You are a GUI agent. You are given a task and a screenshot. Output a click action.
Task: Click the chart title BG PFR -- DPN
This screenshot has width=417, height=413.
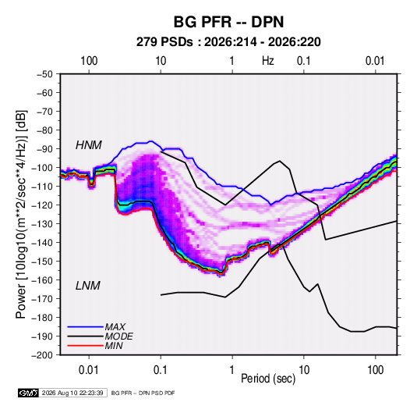click(x=228, y=22)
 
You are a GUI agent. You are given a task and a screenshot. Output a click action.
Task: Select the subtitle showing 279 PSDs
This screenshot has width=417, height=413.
click(x=228, y=42)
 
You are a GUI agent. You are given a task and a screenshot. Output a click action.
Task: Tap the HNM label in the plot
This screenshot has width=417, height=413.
click(x=89, y=145)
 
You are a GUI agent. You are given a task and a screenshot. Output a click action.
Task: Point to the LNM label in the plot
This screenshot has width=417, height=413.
click(x=88, y=286)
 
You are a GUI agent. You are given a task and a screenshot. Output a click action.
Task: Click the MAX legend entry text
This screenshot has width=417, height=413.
click(x=115, y=327)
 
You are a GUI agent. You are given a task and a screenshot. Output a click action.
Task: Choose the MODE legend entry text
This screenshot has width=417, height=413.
click(x=119, y=336)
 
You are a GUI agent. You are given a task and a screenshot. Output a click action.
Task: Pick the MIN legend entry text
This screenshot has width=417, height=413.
click(x=114, y=346)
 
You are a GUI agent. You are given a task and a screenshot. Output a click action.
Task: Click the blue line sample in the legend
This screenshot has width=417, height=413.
click(x=86, y=327)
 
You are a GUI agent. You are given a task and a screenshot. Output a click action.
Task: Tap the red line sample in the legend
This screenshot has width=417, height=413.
click(x=86, y=346)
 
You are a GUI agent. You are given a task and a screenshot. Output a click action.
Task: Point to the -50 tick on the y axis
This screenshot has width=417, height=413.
click(x=45, y=74)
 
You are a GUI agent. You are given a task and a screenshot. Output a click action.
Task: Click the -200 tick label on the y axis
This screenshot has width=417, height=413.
click(x=43, y=355)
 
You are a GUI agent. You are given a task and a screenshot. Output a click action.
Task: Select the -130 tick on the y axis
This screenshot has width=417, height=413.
click(x=43, y=224)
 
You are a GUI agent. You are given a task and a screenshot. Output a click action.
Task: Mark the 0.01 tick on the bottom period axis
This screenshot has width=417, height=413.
click(x=89, y=370)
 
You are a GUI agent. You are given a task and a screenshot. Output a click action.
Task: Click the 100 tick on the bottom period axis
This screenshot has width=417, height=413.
click(x=375, y=370)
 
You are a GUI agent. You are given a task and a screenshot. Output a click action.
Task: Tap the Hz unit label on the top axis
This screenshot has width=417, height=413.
click(x=268, y=61)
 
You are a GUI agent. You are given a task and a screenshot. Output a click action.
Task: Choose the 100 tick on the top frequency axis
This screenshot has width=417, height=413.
click(x=89, y=61)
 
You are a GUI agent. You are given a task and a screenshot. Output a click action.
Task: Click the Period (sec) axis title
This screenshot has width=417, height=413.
click(x=268, y=379)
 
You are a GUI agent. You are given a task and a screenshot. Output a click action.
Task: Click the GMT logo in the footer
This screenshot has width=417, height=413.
click(x=29, y=393)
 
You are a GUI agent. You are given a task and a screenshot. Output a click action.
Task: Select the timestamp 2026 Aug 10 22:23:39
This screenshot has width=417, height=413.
click(x=72, y=393)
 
